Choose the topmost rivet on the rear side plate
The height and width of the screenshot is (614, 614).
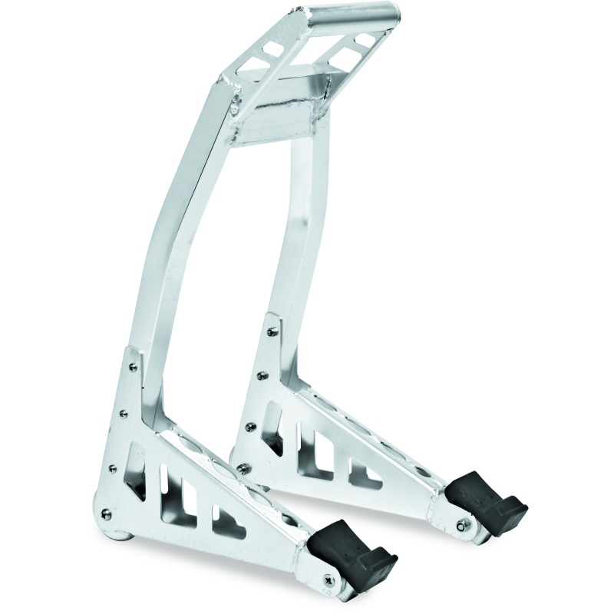(x=272, y=332)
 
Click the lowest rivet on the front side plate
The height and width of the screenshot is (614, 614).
(x=106, y=514)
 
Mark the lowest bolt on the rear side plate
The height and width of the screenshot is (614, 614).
(x=243, y=468)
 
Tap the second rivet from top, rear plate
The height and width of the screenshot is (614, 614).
(x=262, y=375)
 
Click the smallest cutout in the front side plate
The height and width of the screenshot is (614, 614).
(x=229, y=522)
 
